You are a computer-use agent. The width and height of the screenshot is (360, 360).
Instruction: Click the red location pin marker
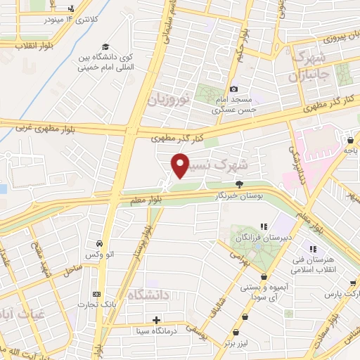click(180, 166)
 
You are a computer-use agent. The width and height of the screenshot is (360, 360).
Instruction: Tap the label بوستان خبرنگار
click(240, 196)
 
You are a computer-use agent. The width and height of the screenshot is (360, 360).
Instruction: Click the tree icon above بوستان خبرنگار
click(240, 184)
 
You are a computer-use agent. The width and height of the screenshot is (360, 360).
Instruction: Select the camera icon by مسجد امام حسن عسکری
click(233, 89)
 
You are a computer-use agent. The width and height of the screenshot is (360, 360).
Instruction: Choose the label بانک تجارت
click(97, 305)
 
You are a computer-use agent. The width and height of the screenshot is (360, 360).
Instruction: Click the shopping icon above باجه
click(349, 140)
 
